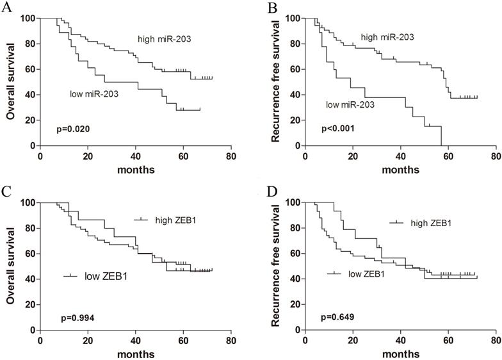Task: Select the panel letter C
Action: pyautogui.click(x=6, y=192)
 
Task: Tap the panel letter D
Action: pyautogui.click(x=271, y=192)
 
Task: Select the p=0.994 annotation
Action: pyautogui.click(x=71, y=317)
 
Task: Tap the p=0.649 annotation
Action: pyautogui.click(x=338, y=317)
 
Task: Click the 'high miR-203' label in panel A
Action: pyautogui.click(x=163, y=40)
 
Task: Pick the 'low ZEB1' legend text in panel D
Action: pyautogui.click(x=366, y=274)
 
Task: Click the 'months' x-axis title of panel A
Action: pyautogui.click(x=135, y=170)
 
